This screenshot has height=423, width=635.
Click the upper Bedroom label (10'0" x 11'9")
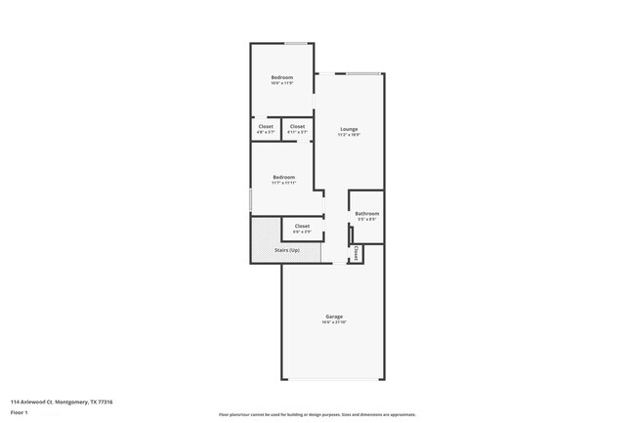[282, 77]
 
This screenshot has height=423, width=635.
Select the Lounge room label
[349, 129]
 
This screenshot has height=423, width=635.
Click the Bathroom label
[367, 213]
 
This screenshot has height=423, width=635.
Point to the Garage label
[334, 317]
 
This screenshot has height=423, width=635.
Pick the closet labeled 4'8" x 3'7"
[266, 126]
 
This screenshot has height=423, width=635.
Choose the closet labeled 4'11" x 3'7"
[297, 126]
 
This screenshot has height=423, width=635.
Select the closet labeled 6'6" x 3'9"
[302, 226]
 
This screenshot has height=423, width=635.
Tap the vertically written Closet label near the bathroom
[357, 253]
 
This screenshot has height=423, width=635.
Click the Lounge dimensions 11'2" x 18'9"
[349, 135]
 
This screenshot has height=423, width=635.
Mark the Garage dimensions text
[334, 322]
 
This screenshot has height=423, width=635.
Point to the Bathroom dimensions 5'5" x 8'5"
[367, 219]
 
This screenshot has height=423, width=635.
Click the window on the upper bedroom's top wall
[296, 43]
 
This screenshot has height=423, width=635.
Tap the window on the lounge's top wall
[363, 73]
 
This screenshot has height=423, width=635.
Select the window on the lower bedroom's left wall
[251, 199]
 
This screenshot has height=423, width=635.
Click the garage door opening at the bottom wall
[333, 379]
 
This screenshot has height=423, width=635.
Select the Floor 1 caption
[20, 413]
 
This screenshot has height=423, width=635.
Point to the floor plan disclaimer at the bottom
[317, 414]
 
